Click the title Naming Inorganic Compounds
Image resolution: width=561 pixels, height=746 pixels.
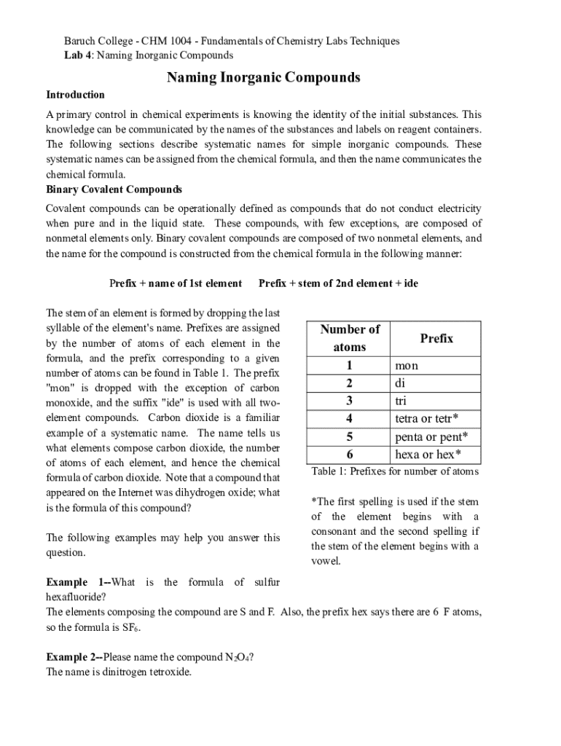pyautogui.click(x=264, y=77)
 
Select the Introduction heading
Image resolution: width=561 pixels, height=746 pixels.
pyautogui.click(x=76, y=95)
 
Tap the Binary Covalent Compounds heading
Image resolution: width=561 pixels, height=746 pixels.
pyautogui.click(x=114, y=189)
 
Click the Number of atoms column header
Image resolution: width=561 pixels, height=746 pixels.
pyautogui.click(x=350, y=338)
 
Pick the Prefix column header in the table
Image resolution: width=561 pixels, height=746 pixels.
pyautogui.click(x=436, y=338)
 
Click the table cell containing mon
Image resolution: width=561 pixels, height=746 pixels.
pyautogui.click(x=407, y=365)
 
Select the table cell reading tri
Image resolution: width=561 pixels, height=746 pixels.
pyautogui.click(x=401, y=401)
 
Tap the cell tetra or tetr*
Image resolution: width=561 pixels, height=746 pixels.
pyautogui.click(x=426, y=418)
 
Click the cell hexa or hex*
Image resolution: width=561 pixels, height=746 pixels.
pyautogui.click(x=428, y=455)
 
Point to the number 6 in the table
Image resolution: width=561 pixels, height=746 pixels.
pyautogui.click(x=350, y=455)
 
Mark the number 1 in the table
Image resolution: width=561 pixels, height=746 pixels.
pyautogui.click(x=350, y=365)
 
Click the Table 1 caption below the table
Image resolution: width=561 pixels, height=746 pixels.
pyautogui.click(x=395, y=471)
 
